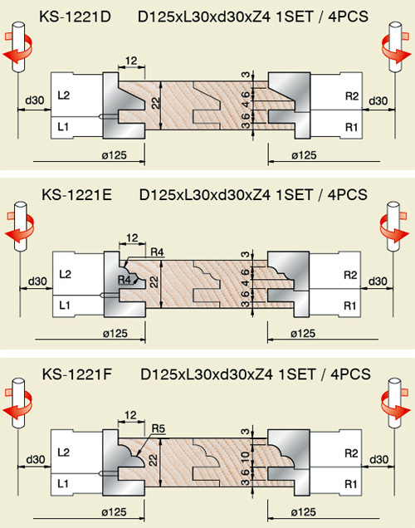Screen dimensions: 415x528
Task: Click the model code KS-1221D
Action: pos(75,17)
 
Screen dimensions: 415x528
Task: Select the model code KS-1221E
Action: pos(76,195)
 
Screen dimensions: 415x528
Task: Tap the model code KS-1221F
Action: pos(76,374)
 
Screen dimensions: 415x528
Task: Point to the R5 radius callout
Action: pos(159,428)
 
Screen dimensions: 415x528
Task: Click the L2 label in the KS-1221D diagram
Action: pos(64,95)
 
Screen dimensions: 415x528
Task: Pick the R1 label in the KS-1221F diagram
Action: pos(351,484)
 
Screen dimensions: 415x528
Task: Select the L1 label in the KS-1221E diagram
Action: pos(64,306)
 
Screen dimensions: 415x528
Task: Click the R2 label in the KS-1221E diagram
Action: pos(350,275)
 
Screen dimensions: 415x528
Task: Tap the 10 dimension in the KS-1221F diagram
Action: pos(246,457)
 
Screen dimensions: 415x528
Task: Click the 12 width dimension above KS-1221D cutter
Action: pos(131,61)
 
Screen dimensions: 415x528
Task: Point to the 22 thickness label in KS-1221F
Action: pos(154,460)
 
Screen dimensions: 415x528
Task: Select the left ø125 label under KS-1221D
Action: pos(115,155)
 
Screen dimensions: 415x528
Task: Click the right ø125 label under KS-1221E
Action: pos(303,334)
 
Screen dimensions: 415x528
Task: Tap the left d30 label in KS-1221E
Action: pos(37,281)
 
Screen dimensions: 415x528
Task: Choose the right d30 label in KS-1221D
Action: pos(378,100)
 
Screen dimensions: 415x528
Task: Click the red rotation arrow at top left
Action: pos(17,50)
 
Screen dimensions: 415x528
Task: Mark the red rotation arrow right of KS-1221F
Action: pos(395,403)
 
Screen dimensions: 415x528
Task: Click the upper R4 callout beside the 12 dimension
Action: pos(157,252)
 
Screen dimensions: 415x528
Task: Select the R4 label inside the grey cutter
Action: pos(124,280)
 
